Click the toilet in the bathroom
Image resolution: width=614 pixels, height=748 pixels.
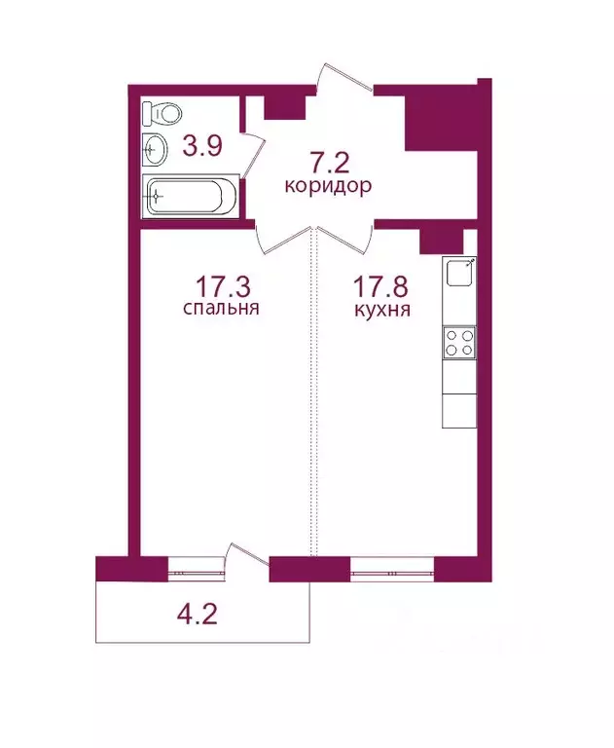[157, 114]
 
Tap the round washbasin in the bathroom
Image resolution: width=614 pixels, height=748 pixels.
[156, 150]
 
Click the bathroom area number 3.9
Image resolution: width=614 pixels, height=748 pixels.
[203, 147]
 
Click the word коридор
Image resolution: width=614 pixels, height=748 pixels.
[327, 187]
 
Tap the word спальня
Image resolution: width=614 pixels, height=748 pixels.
[220, 310]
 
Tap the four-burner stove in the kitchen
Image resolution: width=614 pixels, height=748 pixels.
[459, 341]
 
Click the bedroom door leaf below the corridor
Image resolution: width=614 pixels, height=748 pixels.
[272, 237]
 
